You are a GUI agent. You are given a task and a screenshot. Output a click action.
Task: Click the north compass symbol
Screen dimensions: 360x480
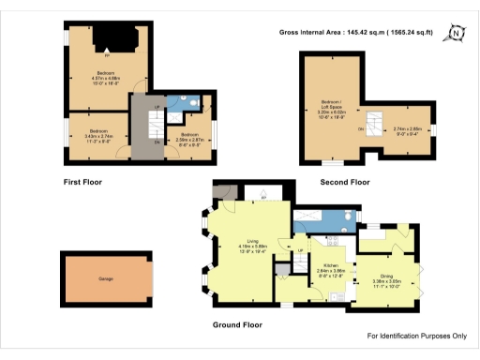point(456,34)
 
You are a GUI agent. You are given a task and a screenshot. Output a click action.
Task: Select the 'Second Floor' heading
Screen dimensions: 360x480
point(344,182)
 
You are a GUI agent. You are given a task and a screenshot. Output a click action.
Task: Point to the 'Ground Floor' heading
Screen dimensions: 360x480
point(236,324)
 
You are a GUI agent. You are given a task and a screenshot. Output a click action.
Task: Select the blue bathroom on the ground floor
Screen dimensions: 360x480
point(323,222)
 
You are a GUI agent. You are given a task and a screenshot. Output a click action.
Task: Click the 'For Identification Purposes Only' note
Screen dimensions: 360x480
point(416,336)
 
